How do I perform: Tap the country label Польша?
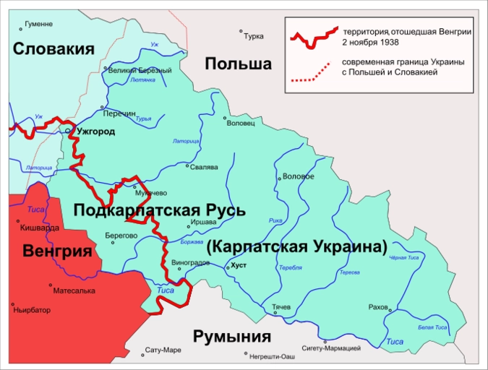pos(238,64)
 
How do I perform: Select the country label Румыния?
pos(231,336)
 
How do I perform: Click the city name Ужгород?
pos(95,132)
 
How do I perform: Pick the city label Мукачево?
pos(151,193)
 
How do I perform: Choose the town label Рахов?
pos(377,306)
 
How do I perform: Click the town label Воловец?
pos(241,124)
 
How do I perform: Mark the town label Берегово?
pos(121,235)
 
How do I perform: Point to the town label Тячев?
pos(281,307)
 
